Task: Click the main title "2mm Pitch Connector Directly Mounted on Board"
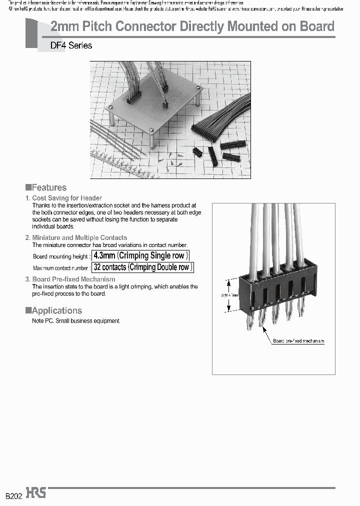pyautogui.click(x=192, y=26)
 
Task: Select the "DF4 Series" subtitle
pyautogui.click(x=71, y=45)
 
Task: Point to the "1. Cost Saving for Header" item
pyautogui.click(x=63, y=198)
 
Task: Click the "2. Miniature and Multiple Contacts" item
pyautogui.click(x=76, y=237)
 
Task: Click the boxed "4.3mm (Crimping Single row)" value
pyautogui.click(x=141, y=256)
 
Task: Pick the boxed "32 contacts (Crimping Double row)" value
pyautogui.click(x=142, y=267)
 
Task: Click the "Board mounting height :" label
pyautogui.click(x=61, y=256)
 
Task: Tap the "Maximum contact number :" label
pyautogui.click(x=61, y=268)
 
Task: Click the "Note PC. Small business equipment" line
pyautogui.click(x=75, y=321)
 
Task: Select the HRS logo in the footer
pyautogui.click(x=36, y=493)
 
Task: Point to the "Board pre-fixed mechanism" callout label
pyautogui.click(x=298, y=341)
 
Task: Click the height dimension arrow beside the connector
pyautogui.click(x=230, y=295)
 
